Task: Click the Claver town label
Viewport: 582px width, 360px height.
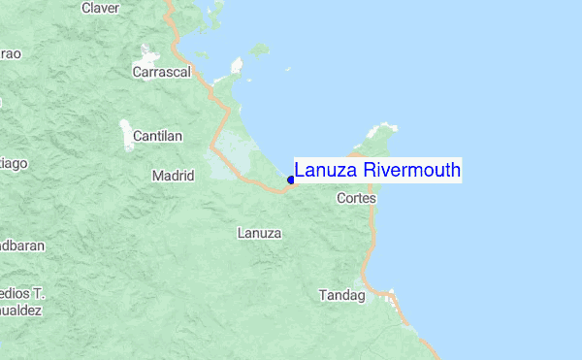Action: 101,8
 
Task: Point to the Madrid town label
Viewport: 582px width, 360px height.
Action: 174,176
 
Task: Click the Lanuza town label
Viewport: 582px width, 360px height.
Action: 259,233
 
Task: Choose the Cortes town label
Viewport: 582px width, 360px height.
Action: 355,198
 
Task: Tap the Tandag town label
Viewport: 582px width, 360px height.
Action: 341,295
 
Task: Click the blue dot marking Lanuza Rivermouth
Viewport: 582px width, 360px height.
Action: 291,180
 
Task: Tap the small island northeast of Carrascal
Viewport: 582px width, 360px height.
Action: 236,67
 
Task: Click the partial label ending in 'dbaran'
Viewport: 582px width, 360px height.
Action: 21,245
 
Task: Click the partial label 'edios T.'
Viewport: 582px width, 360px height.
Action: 21,292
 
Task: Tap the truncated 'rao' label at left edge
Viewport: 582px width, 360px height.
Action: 10,51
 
